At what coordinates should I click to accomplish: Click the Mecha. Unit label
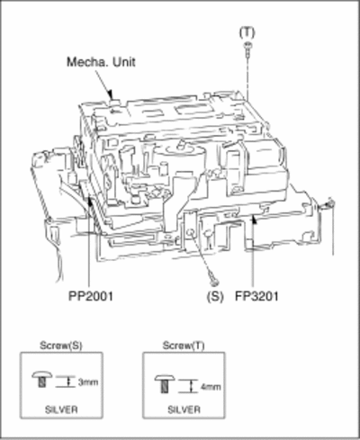click(101, 62)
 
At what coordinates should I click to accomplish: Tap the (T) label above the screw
click(247, 32)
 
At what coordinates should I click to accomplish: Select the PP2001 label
click(91, 296)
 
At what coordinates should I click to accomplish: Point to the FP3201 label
click(256, 296)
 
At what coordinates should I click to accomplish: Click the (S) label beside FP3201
click(215, 297)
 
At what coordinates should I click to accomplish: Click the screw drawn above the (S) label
click(213, 279)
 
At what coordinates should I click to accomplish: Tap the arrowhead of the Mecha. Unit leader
click(111, 94)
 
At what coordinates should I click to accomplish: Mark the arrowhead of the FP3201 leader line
click(254, 220)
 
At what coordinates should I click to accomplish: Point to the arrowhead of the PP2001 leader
click(89, 202)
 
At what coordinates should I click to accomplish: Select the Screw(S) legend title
click(61, 346)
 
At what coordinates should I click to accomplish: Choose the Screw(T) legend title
click(184, 346)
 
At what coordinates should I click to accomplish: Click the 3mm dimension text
click(88, 382)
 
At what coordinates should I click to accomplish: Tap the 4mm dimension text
click(211, 387)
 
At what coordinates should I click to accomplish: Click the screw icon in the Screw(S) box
click(42, 379)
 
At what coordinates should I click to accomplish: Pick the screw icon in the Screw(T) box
click(165, 383)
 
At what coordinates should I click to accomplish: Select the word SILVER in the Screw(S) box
click(61, 409)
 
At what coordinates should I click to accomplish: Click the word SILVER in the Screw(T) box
click(184, 409)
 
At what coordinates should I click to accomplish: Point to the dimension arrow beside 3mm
click(69, 382)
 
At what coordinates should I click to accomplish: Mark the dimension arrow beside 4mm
click(192, 386)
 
